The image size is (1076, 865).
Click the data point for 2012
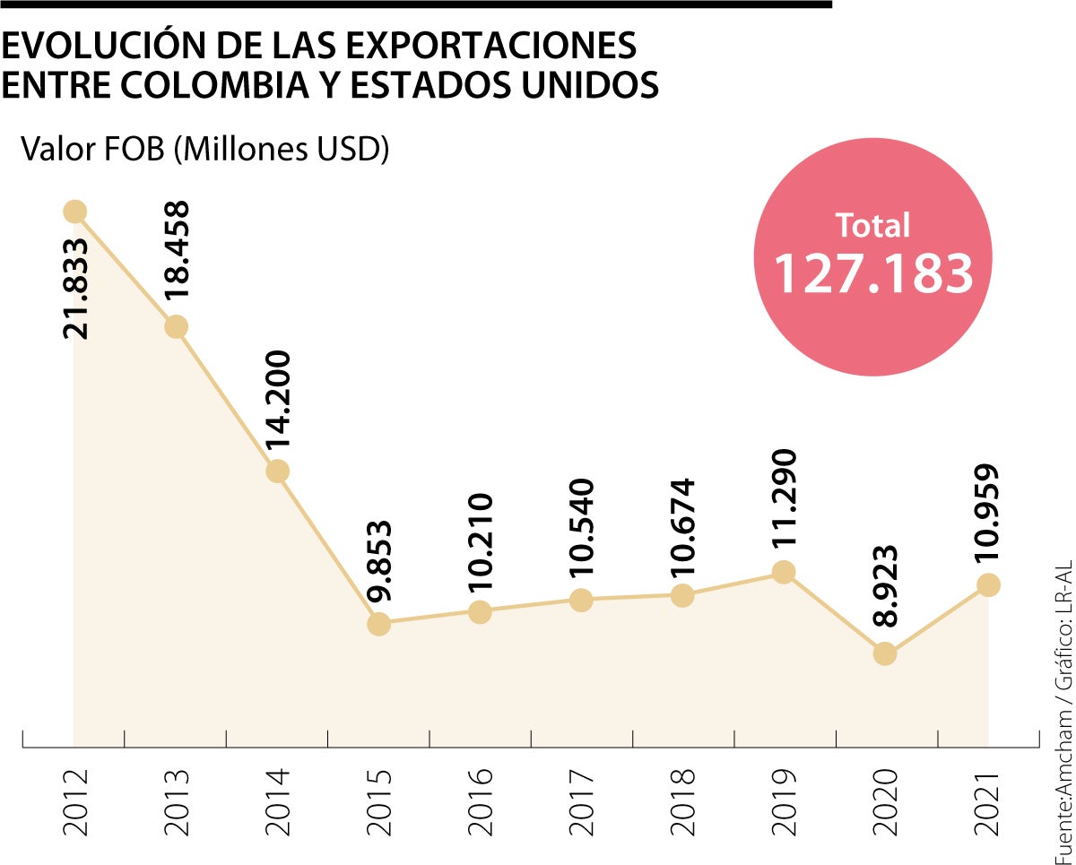pyautogui.click(x=74, y=212)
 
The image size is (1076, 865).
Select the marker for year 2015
pyautogui.click(x=379, y=624)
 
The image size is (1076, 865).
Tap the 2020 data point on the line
pyautogui.click(x=885, y=653)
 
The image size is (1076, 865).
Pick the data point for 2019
pyautogui.click(x=784, y=572)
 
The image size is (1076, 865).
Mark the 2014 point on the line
pyautogui.click(x=278, y=471)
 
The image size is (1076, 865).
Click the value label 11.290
pyautogui.click(x=785, y=504)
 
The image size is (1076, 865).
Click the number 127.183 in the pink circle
pyautogui.click(x=873, y=273)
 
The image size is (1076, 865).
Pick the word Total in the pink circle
pyautogui.click(x=872, y=225)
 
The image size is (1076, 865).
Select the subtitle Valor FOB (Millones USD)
pyautogui.click(x=205, y=149)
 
